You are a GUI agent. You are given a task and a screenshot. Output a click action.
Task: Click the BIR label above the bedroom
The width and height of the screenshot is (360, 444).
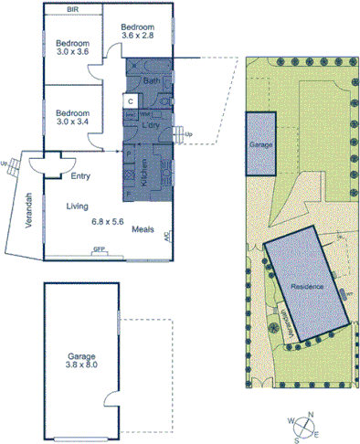tap(71, 10)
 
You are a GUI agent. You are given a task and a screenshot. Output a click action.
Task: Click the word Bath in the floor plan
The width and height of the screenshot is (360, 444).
tap(151, 82)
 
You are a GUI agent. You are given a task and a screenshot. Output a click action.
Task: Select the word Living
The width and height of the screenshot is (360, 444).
tap(76, 206)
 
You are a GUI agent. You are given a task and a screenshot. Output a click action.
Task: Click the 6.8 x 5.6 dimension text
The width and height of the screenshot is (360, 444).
tap(107, 221)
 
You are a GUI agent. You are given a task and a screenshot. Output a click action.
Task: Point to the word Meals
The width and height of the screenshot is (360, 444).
tap(143, 230)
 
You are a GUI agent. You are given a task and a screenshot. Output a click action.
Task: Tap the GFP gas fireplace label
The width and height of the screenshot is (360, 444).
tap(99, 248)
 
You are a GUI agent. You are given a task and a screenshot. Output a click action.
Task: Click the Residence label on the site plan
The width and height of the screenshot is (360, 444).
tap(307, 286)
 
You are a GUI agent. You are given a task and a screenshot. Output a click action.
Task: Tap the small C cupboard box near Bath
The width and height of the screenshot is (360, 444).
tap(131, 100)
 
